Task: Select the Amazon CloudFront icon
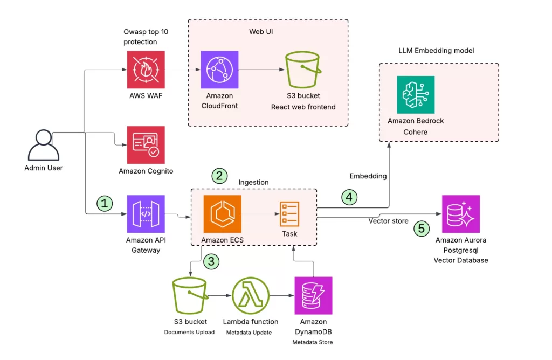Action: (x=219, y=70)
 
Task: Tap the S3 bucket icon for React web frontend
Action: (x=303, y=70)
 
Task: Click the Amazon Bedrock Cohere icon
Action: (x=416, y=94)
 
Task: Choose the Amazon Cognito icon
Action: (x=146, y=144)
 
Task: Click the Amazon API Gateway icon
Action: (x=146, y=213)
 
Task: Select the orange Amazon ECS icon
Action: (x=222, y=213)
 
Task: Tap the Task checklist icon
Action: (x=289, y=213)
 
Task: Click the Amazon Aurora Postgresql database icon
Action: (x=460, y=213)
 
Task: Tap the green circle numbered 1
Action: (x=105, y=203)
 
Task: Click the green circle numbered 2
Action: (x=219, y=175)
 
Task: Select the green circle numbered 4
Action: (x=349, y=197)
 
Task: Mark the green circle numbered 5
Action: (x=422, y=229)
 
